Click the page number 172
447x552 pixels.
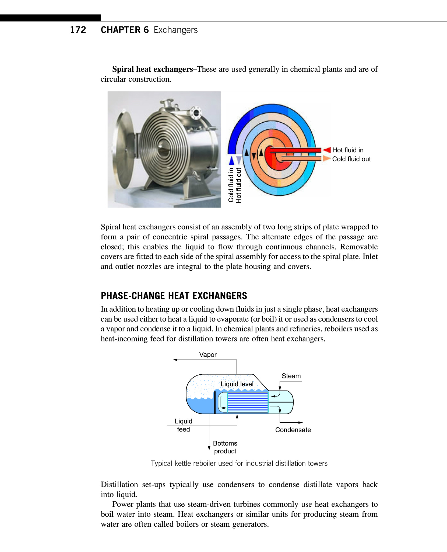[x=78, y=30]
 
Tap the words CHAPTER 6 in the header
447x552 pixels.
[x=124, y=30]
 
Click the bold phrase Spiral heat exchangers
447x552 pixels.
[x=152, y=69]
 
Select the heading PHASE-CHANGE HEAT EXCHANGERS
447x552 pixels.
[x=174, y=296]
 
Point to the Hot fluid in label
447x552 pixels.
[x=348, y=150]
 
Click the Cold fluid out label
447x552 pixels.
[x=351, y=159]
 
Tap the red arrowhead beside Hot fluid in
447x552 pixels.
[x=327, y=150]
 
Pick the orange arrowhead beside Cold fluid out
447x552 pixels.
[x=326, y=158]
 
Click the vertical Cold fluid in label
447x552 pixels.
[x=231, y=185]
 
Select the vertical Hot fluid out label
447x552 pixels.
[x=239, y=185]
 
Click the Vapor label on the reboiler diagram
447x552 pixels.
[x=208, y=355]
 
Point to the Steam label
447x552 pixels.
[x=291, y=376]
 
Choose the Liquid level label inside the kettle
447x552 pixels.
[x=237, y=384]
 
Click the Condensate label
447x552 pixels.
[x=293, y=430]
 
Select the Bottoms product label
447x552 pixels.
[x=225, y=447]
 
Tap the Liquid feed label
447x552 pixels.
[x=184, y=425]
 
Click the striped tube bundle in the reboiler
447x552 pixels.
[x=248, y=402]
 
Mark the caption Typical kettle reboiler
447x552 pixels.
[x=239, y=463]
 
